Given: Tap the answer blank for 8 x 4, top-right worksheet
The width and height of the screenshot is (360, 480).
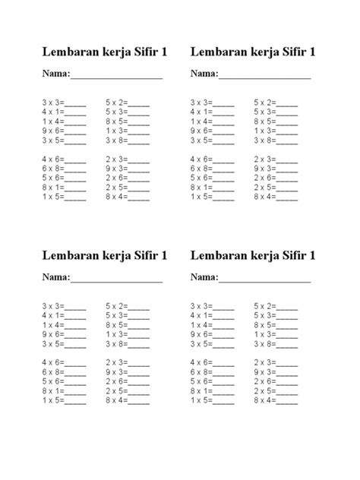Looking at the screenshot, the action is pos(286,197).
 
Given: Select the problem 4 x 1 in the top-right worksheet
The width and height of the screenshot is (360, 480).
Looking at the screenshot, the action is pos(200,112).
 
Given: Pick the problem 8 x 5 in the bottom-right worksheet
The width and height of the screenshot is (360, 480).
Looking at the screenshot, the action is pos(264,325).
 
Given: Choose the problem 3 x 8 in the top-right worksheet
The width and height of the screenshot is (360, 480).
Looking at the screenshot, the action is pos(264,141).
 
